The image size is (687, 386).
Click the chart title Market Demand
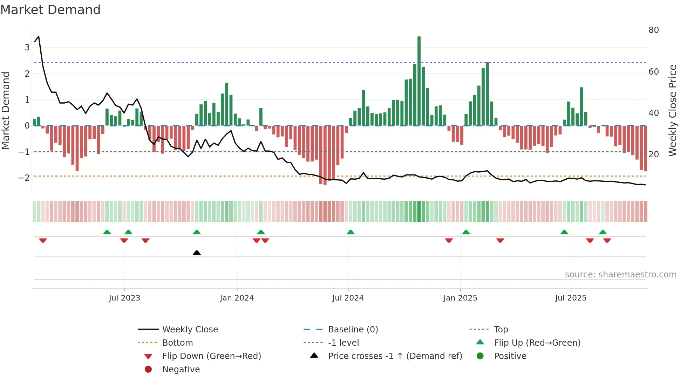pos(50,10)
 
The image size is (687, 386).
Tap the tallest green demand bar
pos(419,81)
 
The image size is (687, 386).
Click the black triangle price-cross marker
pos(197,253)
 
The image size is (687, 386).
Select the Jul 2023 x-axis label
pos(124,298)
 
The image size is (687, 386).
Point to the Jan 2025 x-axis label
pos(460,298)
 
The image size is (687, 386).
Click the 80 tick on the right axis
pos(653,30)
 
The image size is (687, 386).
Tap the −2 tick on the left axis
pos(24,178)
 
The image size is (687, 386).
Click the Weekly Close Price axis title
pos(672,110)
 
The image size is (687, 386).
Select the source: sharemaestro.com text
pos(620,275)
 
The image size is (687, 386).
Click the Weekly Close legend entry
pos(190,330)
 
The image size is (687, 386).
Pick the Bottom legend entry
pos(177,343)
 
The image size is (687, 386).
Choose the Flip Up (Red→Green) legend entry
pos(537,343)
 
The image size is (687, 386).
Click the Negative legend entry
pos(181,370)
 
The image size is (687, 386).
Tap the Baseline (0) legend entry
pos(353,330)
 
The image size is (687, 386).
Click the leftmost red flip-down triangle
pos(43,240)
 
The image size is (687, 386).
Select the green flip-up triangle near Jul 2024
pos(351,232)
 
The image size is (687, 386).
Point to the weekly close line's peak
pos(39,36)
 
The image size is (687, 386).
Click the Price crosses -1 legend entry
pos(395,356)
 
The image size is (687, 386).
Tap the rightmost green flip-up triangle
pos(603,232)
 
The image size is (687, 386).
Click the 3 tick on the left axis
pos(27,47)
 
